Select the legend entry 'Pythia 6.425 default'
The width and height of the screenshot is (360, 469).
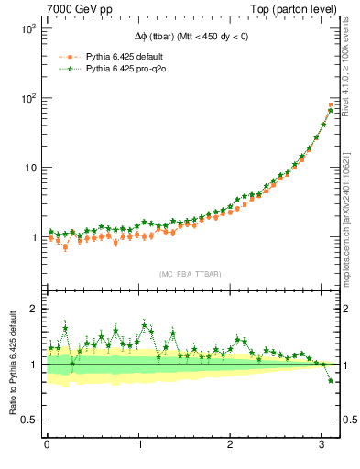tap(127, 56)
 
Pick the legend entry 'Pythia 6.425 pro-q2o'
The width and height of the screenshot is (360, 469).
tap(129, 69)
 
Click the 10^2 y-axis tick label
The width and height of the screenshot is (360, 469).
tap(27, 98)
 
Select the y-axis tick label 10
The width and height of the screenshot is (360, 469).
tap(29, 168)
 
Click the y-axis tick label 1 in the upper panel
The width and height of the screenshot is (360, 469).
tap(33, 237)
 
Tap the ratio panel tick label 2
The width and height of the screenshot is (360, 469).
tap(33, 309)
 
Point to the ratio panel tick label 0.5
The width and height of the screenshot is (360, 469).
tap(28, 420)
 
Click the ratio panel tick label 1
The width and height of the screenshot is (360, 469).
tap(33, 365)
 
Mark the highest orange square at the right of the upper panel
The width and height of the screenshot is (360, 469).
tap(331, 104)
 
